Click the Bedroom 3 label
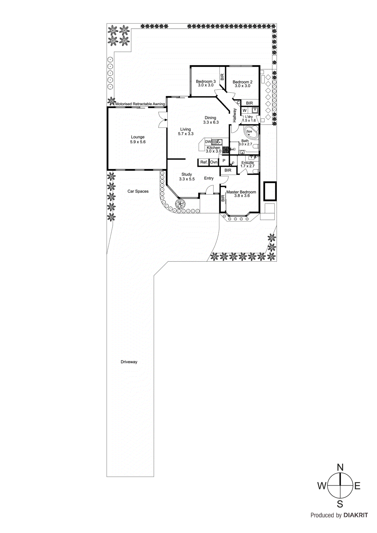[x=206, y=81]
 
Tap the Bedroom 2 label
[x=242, y=82]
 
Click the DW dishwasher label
[x=208, y=142]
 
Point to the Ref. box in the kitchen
[x=204, y=162]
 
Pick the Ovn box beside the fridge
[x=214, y=162]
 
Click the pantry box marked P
[x=224, y=161]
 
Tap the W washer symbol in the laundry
[x=244, y=111]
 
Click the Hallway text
[x=235, y=115]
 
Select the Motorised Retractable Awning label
[x=140, y=104]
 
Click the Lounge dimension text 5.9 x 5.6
[x=138, y=142]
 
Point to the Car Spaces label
[x=138, y=191]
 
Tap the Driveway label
[x=129, y=362]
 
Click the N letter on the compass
[x=340, y=467]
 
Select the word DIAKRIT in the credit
[x=356, y=515]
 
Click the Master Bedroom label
[x=241, y=192]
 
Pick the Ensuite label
[x=248, y=163]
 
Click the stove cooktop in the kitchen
[x=226, y=150]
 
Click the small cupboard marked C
[x=238, y=103]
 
